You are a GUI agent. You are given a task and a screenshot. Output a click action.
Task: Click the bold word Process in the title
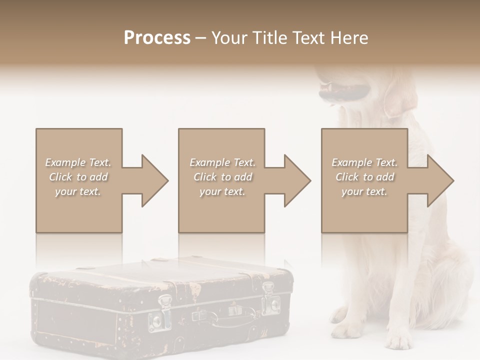tap(157, 37)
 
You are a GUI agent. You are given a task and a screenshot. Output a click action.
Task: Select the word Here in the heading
tap(348, 37)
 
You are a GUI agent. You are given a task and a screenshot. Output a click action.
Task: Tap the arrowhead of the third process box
tap(439, 180)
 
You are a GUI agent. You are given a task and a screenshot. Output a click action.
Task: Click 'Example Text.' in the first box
tap(78, 162)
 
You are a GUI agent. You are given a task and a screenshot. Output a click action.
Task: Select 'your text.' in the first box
tap(78, 191)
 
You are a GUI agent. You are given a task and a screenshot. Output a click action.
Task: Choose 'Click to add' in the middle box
tap(222, 177)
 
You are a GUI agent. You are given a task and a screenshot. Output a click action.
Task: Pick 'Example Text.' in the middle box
tap(222, 162)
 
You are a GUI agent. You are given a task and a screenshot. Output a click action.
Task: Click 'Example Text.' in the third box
tap(364, 162)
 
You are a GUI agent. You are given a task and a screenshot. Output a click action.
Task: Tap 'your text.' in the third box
tap(364, 191)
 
